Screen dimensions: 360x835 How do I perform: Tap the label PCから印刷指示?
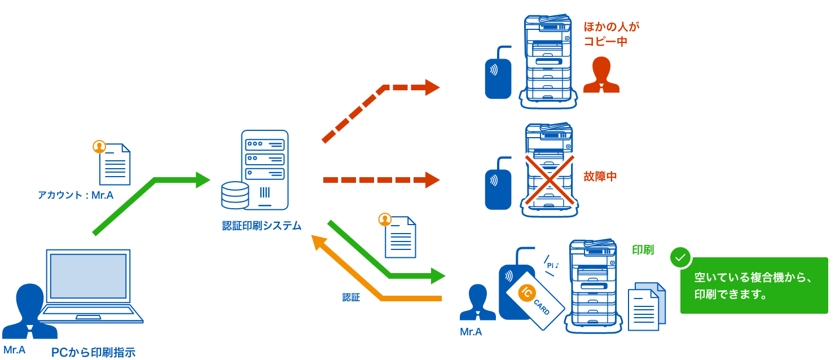(93, 353)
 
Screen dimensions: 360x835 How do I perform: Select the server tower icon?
(264, 169)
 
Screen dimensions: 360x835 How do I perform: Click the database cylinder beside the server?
(235, 195)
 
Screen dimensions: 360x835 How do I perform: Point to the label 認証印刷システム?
(261, 226)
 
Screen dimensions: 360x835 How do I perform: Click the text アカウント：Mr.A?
(76, 195)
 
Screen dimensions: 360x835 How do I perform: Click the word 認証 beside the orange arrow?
(351, 297)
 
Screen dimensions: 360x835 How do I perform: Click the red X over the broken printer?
(550, 179)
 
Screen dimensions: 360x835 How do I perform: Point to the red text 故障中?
(600, 177)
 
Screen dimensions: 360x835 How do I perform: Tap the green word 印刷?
(643, 250)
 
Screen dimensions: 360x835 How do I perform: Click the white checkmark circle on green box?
(680, 258)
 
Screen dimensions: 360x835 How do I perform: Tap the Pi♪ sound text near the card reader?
(552, 265)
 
